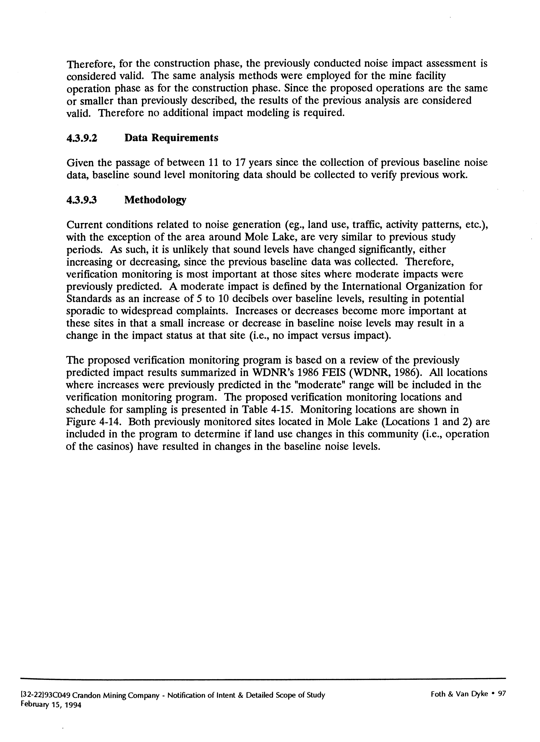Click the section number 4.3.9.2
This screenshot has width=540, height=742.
[82, 138]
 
